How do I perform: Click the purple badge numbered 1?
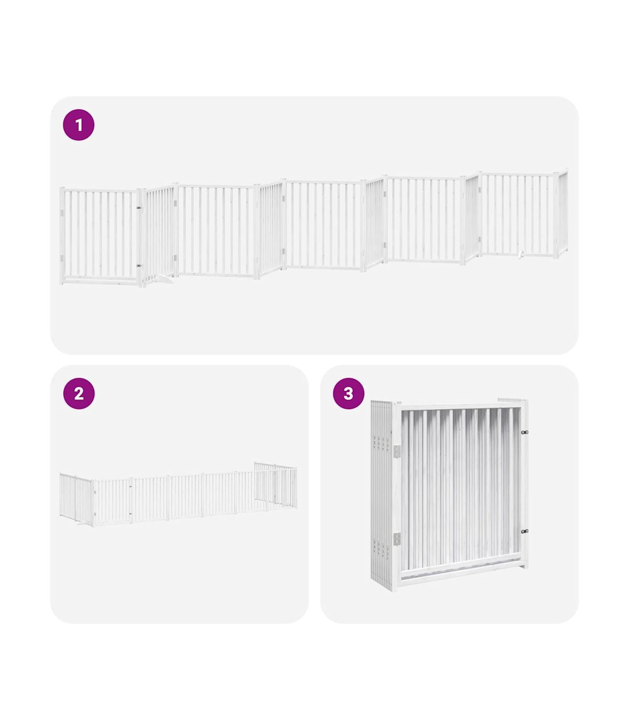coord(78,125)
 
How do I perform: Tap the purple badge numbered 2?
coord(79,394)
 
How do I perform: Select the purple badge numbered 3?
coord(348,394)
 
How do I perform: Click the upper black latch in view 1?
coord(139,208)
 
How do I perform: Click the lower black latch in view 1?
coord(139,266)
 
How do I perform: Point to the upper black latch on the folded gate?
coord(524,432)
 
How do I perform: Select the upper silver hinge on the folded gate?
coord(397,451)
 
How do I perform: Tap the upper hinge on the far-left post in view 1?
coord(61,213)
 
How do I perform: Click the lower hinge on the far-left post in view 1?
coord(61,258)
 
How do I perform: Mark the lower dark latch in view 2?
coord(131,514)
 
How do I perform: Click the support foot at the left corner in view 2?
coord(80,525)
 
